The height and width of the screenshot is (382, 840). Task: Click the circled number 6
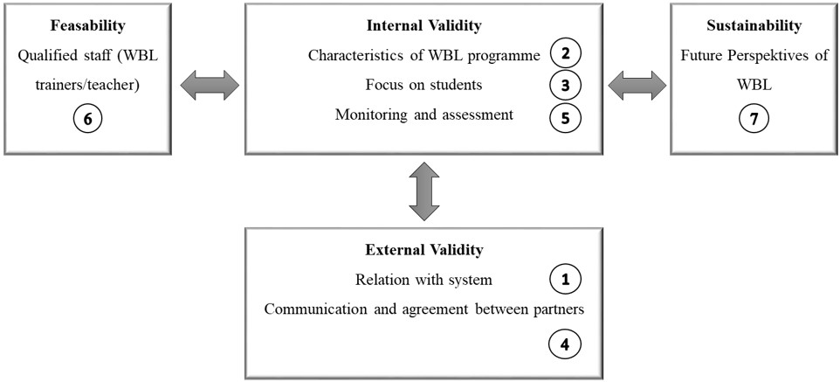(87, 118)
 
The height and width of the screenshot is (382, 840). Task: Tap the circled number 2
(566, 54)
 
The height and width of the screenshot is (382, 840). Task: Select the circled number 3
(566, 85)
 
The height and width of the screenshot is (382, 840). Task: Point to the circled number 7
(754, 118)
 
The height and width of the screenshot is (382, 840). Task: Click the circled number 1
(566, 280)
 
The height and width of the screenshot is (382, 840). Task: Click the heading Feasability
(87, 25)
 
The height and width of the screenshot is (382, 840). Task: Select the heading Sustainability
(754, 25)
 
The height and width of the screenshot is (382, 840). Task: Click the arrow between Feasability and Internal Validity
(210, 86)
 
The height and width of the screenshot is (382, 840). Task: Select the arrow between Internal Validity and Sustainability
(637, 86)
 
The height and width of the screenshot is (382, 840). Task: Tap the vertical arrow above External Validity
(423, 191)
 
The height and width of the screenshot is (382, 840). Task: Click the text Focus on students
(423, 85)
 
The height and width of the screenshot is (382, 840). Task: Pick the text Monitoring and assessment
(423, 115)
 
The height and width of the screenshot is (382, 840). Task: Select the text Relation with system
(423, 280)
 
